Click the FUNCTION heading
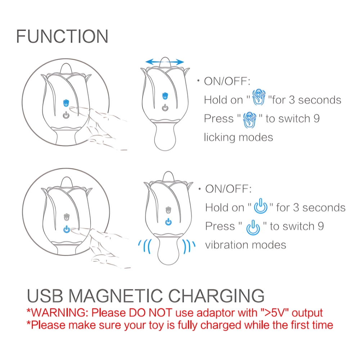[62, 36]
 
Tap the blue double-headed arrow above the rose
[165, 62]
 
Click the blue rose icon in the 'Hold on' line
[259, 97]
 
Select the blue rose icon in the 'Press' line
[249, 120]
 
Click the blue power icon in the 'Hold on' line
[261, 206]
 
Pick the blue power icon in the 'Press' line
[253, 227]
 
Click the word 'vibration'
[227, 245]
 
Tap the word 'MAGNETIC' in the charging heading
[116, 296]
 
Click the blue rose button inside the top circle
[66, 103]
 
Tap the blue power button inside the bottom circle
[67, 229]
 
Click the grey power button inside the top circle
[66, 115]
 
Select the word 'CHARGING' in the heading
[216, 296]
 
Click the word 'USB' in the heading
[45, 296]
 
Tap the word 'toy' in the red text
[156, 325]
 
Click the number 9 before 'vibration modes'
[321, 226]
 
